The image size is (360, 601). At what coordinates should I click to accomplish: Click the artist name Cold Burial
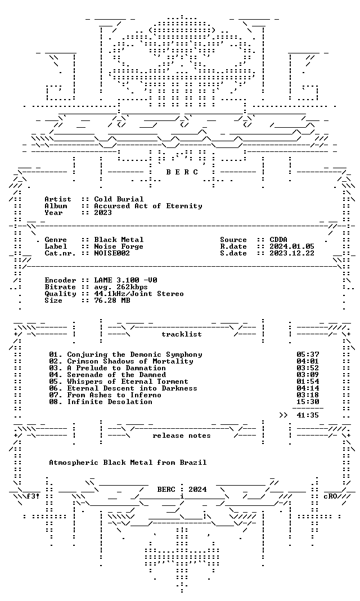click(119, 199)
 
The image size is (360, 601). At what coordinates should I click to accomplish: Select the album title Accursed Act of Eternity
click(148, 206)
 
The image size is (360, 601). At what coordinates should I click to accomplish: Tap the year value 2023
click(103, 213)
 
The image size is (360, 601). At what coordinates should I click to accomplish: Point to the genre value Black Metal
click(119, 240)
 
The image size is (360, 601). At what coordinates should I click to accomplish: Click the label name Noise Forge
click(119, 246)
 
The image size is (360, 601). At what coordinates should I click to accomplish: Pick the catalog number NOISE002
click(112, 253)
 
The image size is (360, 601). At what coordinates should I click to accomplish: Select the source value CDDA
click(278, 240)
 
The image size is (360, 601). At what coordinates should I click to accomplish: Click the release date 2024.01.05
click(292, 246)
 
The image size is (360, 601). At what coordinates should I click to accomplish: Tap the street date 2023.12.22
click(292, 253)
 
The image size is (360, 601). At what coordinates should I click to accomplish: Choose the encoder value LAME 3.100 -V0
click(125, 280)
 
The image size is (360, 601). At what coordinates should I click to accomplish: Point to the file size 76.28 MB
click(112, 300)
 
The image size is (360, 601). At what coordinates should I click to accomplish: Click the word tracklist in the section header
click(182, 334)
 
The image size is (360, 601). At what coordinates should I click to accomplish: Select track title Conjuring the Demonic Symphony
click(134, 355)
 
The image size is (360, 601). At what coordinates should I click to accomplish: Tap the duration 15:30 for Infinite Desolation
click(308, 402)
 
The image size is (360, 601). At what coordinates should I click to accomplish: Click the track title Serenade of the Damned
click(116, 375)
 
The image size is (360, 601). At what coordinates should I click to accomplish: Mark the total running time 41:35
click(308, 415)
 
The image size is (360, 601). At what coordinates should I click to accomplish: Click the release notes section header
click(182, 436)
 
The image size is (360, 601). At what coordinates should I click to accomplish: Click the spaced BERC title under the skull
click(182, 172)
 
